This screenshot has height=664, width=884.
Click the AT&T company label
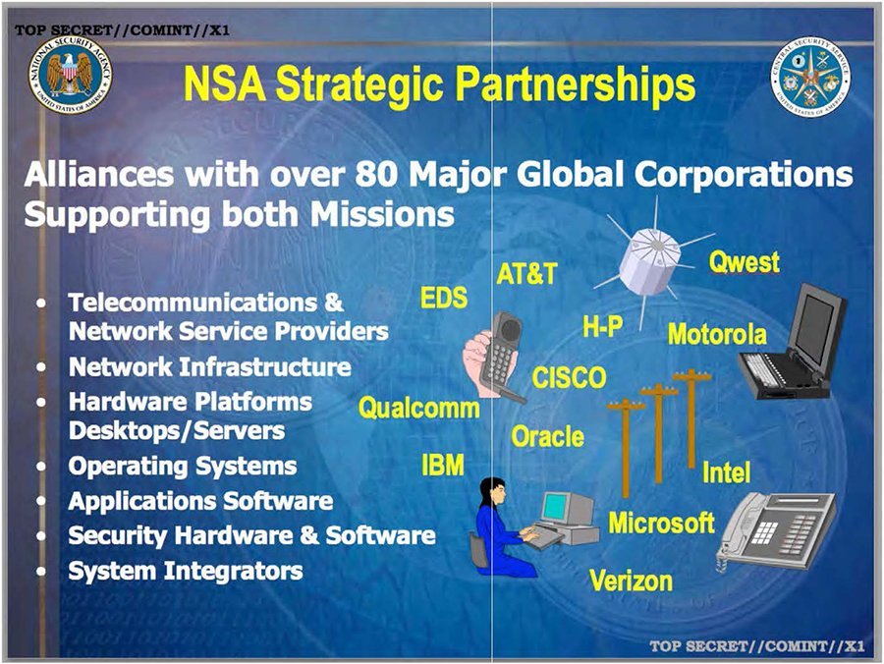click(x=525, y=274)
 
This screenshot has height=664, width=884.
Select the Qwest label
click(x=744, y=262)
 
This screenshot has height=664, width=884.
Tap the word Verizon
click(x=631, y=580)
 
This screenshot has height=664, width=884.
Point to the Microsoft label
click(x=661, y=523)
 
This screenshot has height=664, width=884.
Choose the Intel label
click(x=726, y=472)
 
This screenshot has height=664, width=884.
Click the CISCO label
click(x=569, y=377)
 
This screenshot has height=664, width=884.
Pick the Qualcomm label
click(x=418, y=408)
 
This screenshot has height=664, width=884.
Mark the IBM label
click(x=442, y=465)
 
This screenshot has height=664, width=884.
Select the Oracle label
click(x=547, y=436)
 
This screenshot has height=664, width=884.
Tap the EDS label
click(x=444, y=299)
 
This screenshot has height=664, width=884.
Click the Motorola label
click(x=716, y=334)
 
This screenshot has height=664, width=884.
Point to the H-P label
click(x=602, y=327)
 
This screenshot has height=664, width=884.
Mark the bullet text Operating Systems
click(x=182, y=466)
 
